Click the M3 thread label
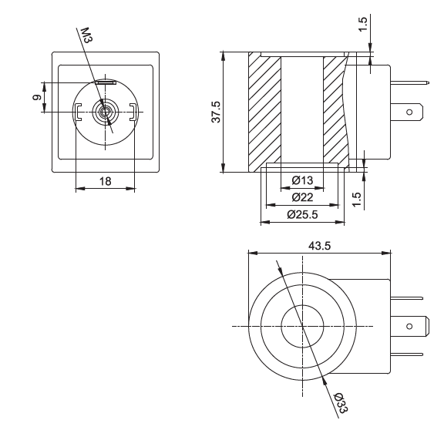[86, 35]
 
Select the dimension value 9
[37, 97]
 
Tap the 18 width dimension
[105, 181]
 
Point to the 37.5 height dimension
[216, 112]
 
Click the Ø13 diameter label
[302, 180]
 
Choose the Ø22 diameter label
[302, 197]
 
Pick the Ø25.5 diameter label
[302, 214]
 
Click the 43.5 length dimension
[319, 246]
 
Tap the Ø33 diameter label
[341, 402]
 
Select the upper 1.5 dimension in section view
[363, 25]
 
